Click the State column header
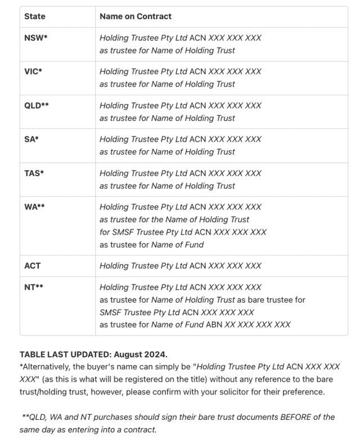(34, 17)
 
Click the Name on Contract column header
(135, 17)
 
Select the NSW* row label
(36, 38)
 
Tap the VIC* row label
(34, 72)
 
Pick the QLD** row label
(37, 106)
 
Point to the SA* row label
(31, 140)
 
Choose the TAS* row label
(34, 173)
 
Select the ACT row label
(32, 266)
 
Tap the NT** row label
(34, 287)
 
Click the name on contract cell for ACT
(180, 266)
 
